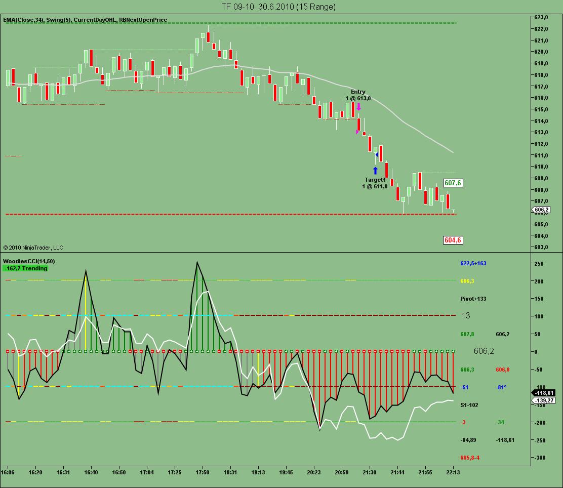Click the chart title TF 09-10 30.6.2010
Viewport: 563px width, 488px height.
click(278, 7)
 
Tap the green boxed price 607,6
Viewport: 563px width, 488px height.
click(453, 183)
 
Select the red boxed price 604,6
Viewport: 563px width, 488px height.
click(453, 240)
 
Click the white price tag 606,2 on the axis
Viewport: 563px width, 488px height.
click(541, 209)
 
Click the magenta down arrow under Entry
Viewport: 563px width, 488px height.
click(358, 107)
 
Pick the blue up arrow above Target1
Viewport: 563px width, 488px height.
click(375, 171)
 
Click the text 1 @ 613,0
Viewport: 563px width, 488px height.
click(358, 98)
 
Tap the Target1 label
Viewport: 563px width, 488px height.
click(375, 180)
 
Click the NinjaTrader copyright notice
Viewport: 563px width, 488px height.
click(33, 248)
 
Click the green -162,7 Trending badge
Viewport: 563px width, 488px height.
click(25, 268)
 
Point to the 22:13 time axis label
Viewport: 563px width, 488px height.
click(453, 473)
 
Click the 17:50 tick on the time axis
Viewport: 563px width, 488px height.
click(202, 473)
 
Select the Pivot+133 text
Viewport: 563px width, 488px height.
click(473, 299)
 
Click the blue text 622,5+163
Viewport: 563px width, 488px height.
click(473, 263)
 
